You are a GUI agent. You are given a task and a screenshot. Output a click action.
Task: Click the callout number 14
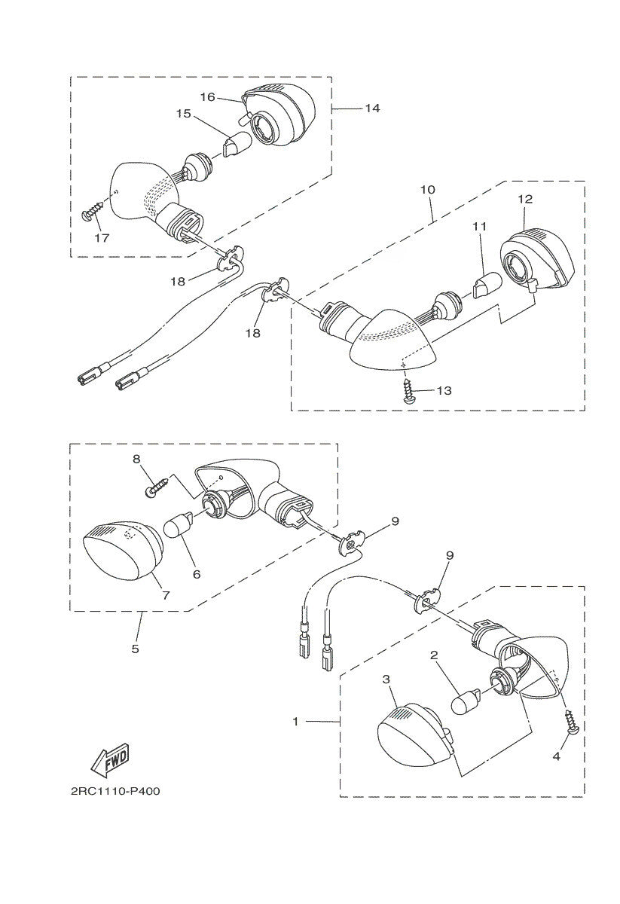372,108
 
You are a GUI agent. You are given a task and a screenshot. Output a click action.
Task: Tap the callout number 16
208,97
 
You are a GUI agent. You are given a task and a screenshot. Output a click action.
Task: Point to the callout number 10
428,189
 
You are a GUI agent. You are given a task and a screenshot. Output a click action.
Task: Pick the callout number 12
525,199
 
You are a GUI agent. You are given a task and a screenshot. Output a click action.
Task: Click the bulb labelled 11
487,286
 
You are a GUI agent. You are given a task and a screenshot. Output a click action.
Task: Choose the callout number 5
135,649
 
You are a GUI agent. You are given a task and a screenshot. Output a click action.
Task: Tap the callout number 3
386,680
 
